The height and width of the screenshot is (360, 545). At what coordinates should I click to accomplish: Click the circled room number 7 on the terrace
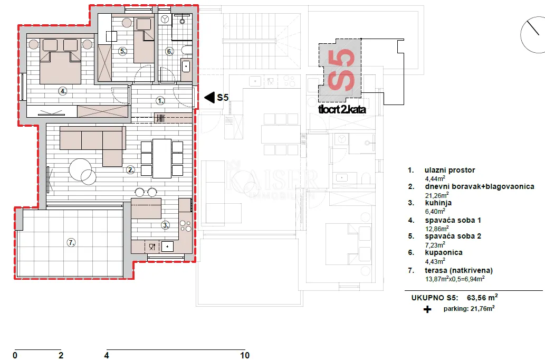coord(71,242)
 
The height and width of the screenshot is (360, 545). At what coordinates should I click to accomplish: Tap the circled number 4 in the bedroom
coord(63,91)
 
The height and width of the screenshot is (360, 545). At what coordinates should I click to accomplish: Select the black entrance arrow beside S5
coord(209,98)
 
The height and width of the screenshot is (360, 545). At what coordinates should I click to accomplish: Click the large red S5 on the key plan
coord(341,70)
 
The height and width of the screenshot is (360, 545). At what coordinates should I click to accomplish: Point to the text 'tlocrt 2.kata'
coord(342,109)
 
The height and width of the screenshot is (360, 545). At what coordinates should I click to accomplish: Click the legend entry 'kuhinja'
coord(438,203)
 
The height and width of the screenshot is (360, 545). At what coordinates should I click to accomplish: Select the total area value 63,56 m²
coord(482,297)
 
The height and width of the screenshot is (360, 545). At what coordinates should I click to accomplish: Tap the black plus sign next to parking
coord(427,309)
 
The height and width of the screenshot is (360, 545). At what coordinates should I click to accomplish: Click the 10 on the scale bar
coord(245,355)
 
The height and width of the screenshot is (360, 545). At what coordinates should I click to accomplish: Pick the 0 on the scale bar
coord(15,355)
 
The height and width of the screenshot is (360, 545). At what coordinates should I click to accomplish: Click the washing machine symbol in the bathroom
coord(165,19)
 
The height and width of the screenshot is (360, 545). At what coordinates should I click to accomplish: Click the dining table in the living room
coord(162,158)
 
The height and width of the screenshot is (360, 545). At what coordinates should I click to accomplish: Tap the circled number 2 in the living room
coord(131,170)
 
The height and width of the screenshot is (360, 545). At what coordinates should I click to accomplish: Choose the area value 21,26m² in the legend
coord(437,195)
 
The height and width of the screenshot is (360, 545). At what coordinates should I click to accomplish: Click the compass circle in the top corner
coord(533,35)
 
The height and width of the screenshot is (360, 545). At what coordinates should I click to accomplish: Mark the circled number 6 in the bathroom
coord(169,52)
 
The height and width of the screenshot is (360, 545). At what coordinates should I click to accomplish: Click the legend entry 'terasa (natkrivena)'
coord(459,270)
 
